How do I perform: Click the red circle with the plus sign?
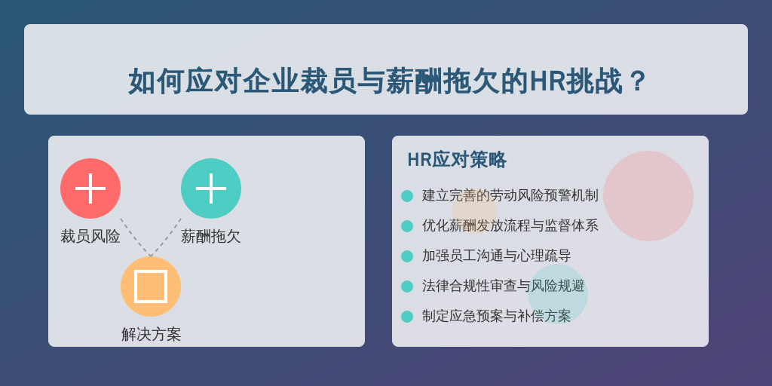click(90, 188)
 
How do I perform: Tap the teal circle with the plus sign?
click(211, 188)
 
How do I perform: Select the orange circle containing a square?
click(151, 286)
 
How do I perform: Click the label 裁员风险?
click(90, 236)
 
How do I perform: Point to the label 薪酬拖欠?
click(211, 236)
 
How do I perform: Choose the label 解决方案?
click(151, 334)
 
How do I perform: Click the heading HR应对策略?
click(457, 160)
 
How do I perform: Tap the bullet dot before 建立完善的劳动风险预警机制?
click(407, 196)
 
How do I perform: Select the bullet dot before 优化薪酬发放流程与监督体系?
click(407, 226)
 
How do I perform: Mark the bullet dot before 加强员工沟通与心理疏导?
click(407, 256)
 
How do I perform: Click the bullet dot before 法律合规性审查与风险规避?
click(407, 286)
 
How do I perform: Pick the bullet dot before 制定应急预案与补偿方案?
click(407, 317)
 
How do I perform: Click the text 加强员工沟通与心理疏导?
click(497, 256)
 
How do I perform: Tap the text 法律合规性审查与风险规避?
click(504, 286)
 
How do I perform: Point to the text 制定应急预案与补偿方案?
click(497, 316)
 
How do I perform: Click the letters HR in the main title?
click(547, 81)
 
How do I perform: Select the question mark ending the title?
click(637, 81)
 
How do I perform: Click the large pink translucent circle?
click(648, 196)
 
